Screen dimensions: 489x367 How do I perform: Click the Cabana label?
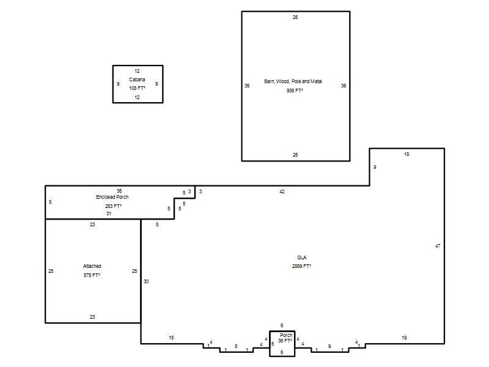click(137, 80)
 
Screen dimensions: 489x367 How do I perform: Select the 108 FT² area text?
click(137, 88)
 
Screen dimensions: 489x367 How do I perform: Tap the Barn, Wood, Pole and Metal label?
click(293, 81)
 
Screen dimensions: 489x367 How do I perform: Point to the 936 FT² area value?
click(295, 91)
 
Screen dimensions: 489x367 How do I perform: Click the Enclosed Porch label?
click(112, 197)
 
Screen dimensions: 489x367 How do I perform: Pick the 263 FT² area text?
click(113, 206)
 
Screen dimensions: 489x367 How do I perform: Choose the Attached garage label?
click(92, 266)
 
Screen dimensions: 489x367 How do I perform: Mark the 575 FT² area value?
click(92, 275)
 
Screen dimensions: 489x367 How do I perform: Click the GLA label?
click(301, 258)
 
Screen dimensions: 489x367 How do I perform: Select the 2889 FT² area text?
click(301, 266)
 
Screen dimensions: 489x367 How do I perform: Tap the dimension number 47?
click(438, 246)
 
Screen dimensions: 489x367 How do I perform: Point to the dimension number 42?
click(282, 191)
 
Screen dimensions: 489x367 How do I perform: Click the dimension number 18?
click(406, 154)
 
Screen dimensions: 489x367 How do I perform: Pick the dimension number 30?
click(146, 281)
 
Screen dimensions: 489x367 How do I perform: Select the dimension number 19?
click(404, 338)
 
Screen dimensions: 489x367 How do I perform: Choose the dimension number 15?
click(171, 338)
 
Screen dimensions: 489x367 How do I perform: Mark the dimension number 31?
click(109, 213)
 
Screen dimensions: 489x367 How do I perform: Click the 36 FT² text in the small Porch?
click(285, 341)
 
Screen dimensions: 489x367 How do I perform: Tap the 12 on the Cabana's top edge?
click(137, 71)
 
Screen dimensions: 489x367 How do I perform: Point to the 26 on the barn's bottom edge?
click(295, 155)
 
